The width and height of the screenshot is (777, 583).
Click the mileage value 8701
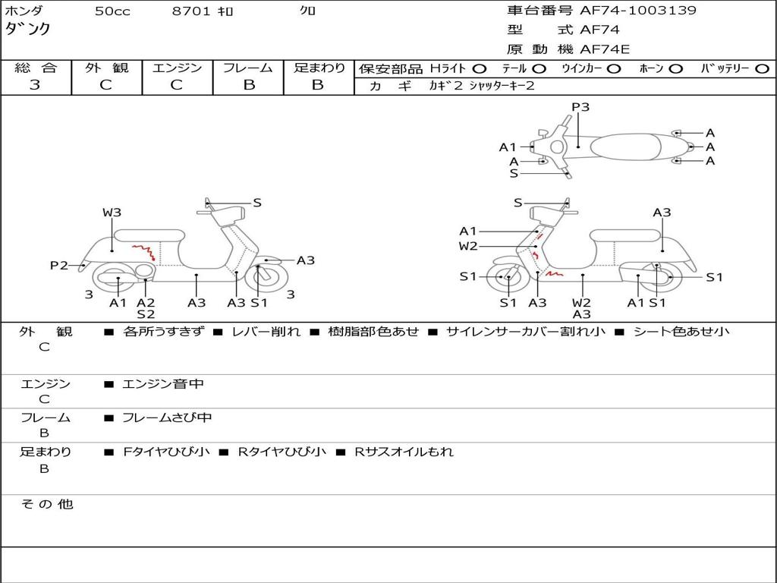192,11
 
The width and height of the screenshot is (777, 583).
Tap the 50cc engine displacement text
112,11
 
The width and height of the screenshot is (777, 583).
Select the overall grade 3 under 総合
35,85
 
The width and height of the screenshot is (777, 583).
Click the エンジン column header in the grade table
177,68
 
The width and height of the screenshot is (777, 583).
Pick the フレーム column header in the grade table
248,68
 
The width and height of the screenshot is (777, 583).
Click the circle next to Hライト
480,69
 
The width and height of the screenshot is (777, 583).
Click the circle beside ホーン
675,69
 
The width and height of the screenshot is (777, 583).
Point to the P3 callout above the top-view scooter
580,107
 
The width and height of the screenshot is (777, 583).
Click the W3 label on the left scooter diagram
112,213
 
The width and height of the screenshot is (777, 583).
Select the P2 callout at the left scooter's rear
59,266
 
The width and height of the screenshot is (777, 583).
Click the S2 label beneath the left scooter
146,314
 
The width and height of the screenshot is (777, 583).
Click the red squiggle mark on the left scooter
143,250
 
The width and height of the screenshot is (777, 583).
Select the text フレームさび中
167,418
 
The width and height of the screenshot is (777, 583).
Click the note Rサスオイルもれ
404,452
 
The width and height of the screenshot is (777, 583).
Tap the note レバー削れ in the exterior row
266,332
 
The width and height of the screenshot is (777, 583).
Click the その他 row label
47,504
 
